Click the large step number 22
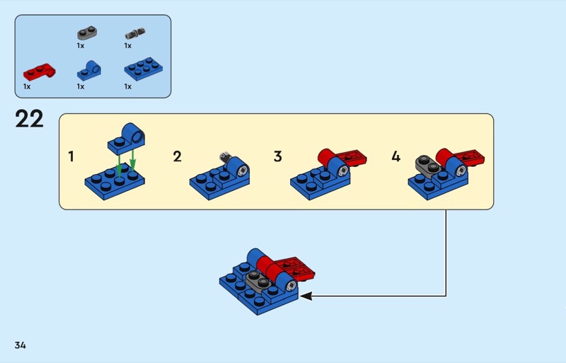[x=29, y=119]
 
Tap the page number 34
[x=20, y=345]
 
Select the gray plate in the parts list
[x=87, y=33]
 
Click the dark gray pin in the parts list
[x=134, y=33]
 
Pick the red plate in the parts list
[x=39, y=71]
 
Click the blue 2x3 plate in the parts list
[x=141, y=69]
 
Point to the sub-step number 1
[x=71, y=156]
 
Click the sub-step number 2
[x=177, y=156]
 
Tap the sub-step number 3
[x=277, y=156]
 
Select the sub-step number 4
[x=395, y=156]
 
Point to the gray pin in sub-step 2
[x=225, y=157]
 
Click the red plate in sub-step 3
[x=351, y=159]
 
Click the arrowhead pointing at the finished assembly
[x=306, y=296]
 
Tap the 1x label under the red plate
[x=27, y=86]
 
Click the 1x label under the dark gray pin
[x=128, y=45]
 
